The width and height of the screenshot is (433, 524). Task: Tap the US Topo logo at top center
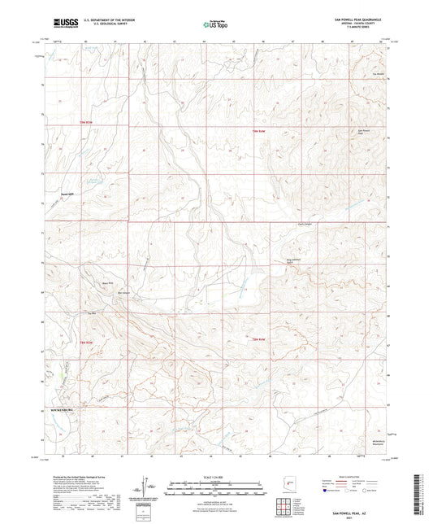(x=215, y=25)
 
